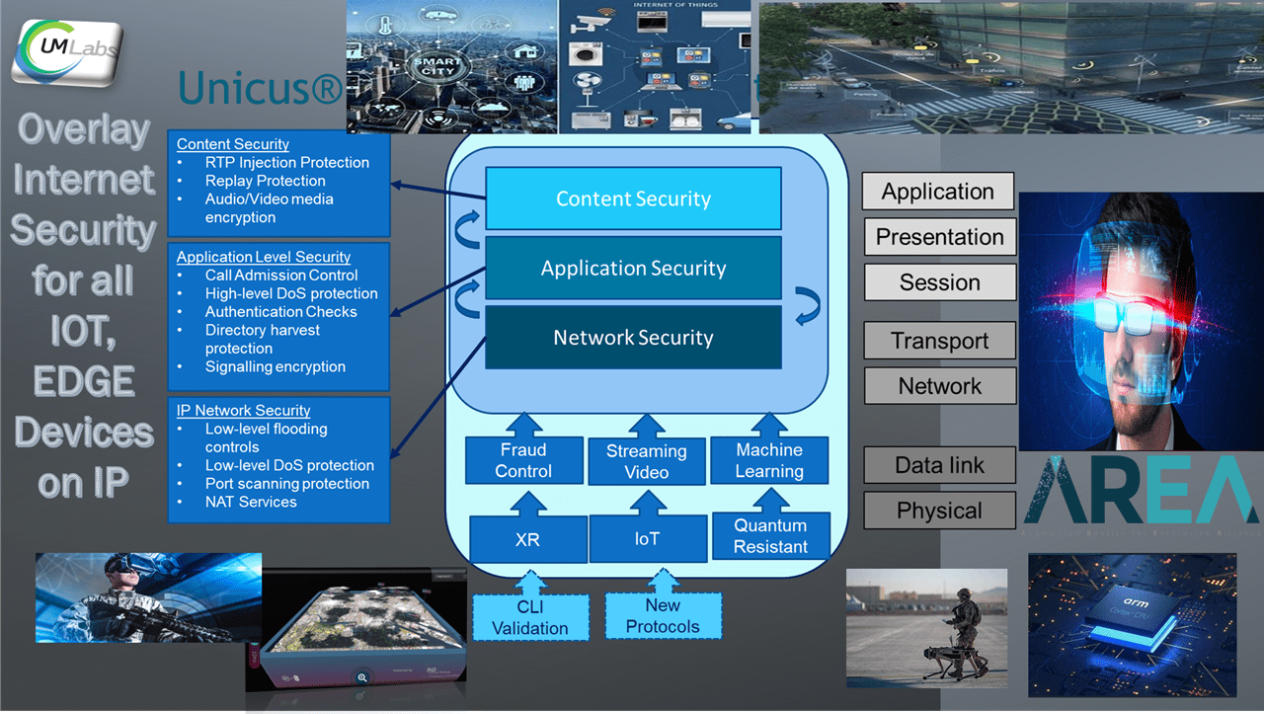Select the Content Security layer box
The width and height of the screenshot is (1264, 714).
pyautogui.click(x=633, y=198)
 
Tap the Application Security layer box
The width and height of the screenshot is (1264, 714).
pyautogui.click(x=633, y=268)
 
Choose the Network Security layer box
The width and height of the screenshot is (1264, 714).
pyautogui.click(x=633, y=337)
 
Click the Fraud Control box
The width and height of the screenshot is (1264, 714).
pyautogui.click(x=523, y=460)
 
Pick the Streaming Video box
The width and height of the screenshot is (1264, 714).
pyautogui.click(x=646, y=461)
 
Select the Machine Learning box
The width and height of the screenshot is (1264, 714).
pyautogui.click(x=769, y=460)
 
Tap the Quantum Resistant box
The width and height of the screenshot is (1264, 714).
pyautogui.click(x=770, y=535)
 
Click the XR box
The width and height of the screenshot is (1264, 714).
pyautogui.click(x=527, y=539)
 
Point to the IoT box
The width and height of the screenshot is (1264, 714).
pyautogui.click(x=647, y=539)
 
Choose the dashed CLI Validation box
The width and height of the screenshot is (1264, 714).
pyautogui.click(x=530, y=617)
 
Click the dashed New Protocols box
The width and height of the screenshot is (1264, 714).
pyautogui.click(x=663, y=615)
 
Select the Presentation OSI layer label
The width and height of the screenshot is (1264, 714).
pyautogui.click(x=939, y=237)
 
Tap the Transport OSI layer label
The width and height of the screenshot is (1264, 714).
pyautogui.click(x=939, y=341)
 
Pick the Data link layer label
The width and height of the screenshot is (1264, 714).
pyautogui.click(x=939, y=465)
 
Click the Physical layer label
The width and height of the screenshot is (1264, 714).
pyautogui.click(x=939, y=511)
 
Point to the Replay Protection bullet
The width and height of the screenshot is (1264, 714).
pyautogui.click(x=265, y=181)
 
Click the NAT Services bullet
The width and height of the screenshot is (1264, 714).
pyautogui.click(x=251, y=502)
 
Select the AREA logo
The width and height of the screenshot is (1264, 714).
pyautogui.click(x=1142, y=492)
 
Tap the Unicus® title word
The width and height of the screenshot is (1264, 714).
pyautogui.click(x=260, y=89)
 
